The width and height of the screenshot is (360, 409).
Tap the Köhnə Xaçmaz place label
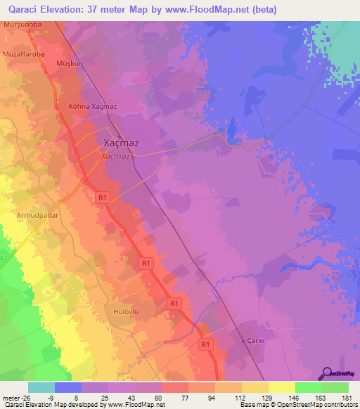point(92,105)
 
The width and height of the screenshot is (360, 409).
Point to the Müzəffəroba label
point(23,52)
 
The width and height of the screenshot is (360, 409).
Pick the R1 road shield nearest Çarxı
point(205,345)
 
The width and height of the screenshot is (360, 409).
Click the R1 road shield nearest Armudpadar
point(103,198)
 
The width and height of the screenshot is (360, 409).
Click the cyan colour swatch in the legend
point(41,387)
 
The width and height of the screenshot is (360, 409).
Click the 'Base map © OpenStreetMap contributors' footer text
point(296,405)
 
